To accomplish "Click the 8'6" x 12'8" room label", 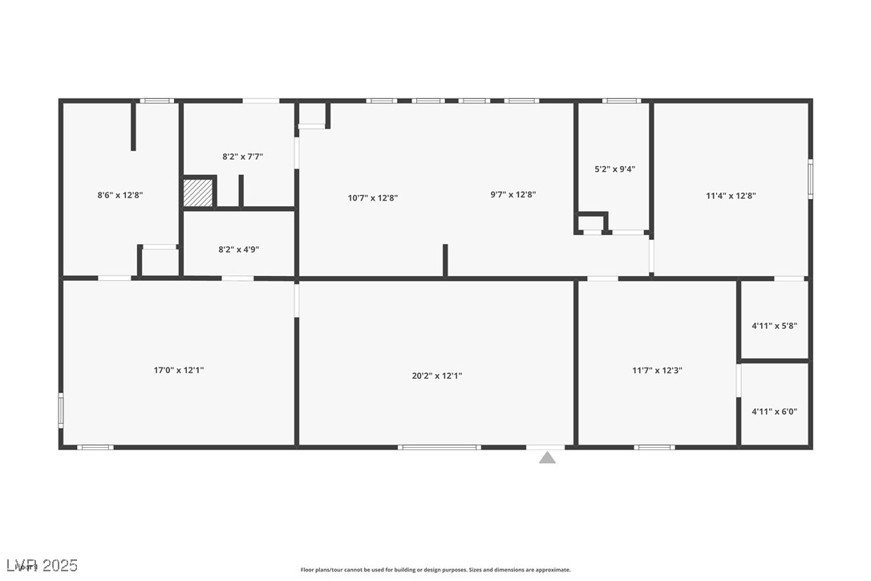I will (120, 195).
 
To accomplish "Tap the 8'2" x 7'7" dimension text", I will (242, 157).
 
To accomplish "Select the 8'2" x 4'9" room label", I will (238, 250).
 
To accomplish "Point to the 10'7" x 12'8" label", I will (373, 198).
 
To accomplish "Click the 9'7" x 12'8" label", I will (512, 194).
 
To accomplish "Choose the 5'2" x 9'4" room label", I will (615, 169).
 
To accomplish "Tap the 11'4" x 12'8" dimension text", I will (731, 196).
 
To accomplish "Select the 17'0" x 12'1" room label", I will (179, 371).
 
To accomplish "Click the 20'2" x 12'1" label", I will (437, 376).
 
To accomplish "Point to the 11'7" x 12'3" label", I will (657, 371).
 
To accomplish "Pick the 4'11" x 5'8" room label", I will (774, 326).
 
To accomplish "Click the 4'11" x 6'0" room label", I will (774, 412).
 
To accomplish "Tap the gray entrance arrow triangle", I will (547, 458).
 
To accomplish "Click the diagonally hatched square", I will (198, 193).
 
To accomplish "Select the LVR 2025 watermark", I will (40, 566).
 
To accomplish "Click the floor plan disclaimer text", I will (435, 570).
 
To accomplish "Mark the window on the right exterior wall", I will (810, 179).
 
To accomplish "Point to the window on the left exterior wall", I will (61, 409).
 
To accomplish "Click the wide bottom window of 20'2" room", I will (440, 447).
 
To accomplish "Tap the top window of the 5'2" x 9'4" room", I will (622, 101).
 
